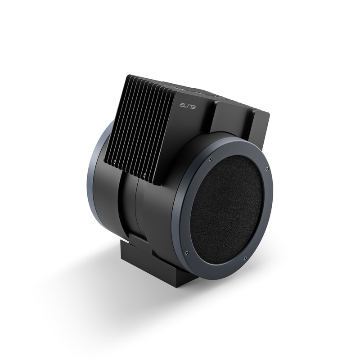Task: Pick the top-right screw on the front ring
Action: click(267, 169)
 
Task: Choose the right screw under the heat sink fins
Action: click(144, 174)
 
